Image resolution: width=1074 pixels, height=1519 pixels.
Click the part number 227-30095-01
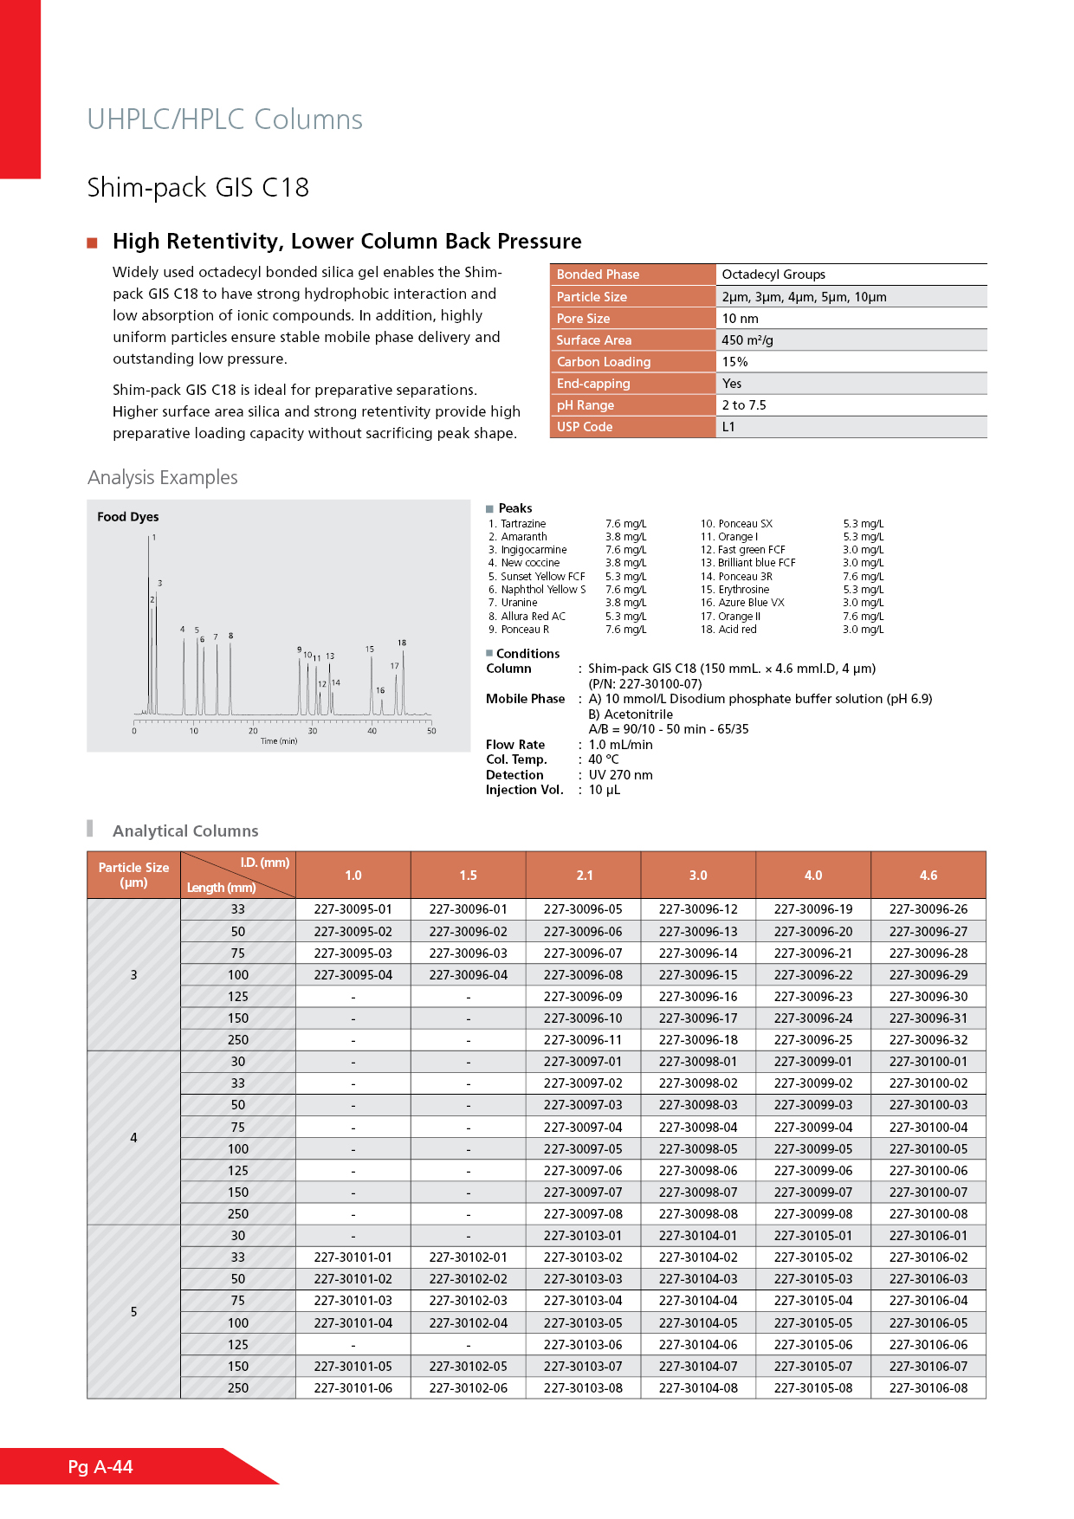(353, 909)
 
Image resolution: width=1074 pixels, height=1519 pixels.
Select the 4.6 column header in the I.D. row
(928, 876)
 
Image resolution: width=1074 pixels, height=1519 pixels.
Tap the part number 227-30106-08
(928, 1388)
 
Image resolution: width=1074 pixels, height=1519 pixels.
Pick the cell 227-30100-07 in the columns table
(928, 1193)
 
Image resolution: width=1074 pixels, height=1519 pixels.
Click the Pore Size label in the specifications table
(583, 319)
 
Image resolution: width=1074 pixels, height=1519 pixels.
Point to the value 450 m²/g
(747, 340)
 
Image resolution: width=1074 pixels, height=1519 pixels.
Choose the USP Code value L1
(728, 427)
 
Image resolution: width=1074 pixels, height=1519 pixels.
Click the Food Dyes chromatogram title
(128, 517)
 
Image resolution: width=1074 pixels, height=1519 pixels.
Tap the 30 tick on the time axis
(313, 731)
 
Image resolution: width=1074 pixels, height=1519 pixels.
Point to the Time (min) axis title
(279, 741)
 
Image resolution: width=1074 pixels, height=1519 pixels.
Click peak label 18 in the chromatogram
(402, 643)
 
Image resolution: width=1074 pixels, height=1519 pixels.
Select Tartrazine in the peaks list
(523, 524)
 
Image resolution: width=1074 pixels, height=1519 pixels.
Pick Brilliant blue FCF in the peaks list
(756, 563)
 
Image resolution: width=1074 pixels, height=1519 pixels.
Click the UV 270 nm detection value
(620, 775)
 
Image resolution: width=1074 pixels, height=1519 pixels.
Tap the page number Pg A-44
(100, 1467)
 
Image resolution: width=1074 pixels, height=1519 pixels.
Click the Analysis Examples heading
(163, 478)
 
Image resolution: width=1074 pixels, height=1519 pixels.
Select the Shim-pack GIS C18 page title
(198, 188)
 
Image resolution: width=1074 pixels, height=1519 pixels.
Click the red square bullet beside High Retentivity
(92, 242)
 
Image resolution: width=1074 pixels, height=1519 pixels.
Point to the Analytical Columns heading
(185, 831)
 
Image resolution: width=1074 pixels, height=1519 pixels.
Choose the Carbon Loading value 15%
(734, 362)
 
